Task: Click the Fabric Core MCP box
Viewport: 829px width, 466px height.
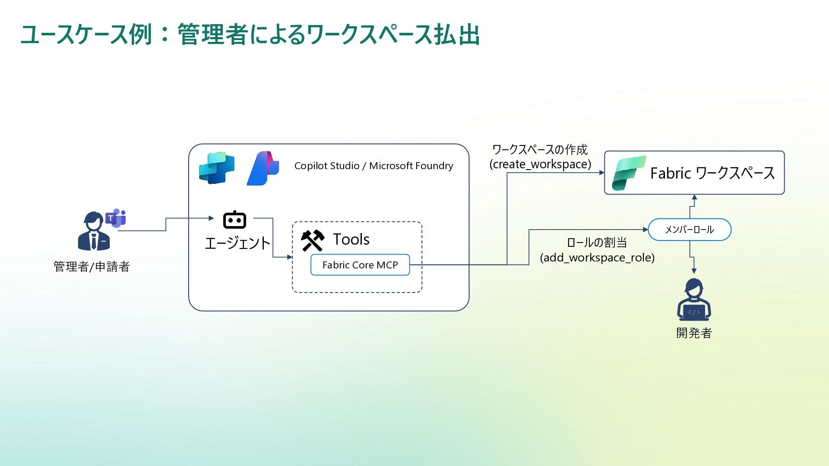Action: coord(360,265)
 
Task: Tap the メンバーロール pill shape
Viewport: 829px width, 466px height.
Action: coord(689,230)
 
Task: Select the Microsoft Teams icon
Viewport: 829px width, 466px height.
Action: coord(116,218)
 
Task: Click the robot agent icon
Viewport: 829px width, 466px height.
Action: coord(234,220)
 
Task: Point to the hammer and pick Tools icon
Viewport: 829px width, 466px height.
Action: coord(313,240)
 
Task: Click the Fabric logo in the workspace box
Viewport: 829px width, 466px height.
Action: coord(628,173)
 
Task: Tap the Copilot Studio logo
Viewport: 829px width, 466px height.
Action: coord(217,168)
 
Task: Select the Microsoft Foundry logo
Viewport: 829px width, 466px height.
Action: coord(263,168)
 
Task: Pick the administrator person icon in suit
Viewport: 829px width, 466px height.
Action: coord(93,232)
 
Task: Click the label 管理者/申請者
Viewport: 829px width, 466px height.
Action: coord(92,267)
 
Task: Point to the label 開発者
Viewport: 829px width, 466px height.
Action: coord(694,333)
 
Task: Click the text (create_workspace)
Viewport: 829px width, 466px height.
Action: coord(540,164)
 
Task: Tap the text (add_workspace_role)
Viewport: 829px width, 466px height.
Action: coord(597,258)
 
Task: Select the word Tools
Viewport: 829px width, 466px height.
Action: coord(351,239)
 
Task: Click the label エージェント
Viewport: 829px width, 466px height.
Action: coord(237,243)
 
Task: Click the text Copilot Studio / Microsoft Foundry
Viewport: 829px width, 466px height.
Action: coord(373,166)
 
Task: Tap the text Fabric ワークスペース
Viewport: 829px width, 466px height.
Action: coord(712,173)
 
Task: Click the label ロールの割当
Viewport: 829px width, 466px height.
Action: coord(597,242)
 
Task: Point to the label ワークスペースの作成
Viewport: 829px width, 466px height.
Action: coord(540,150)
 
